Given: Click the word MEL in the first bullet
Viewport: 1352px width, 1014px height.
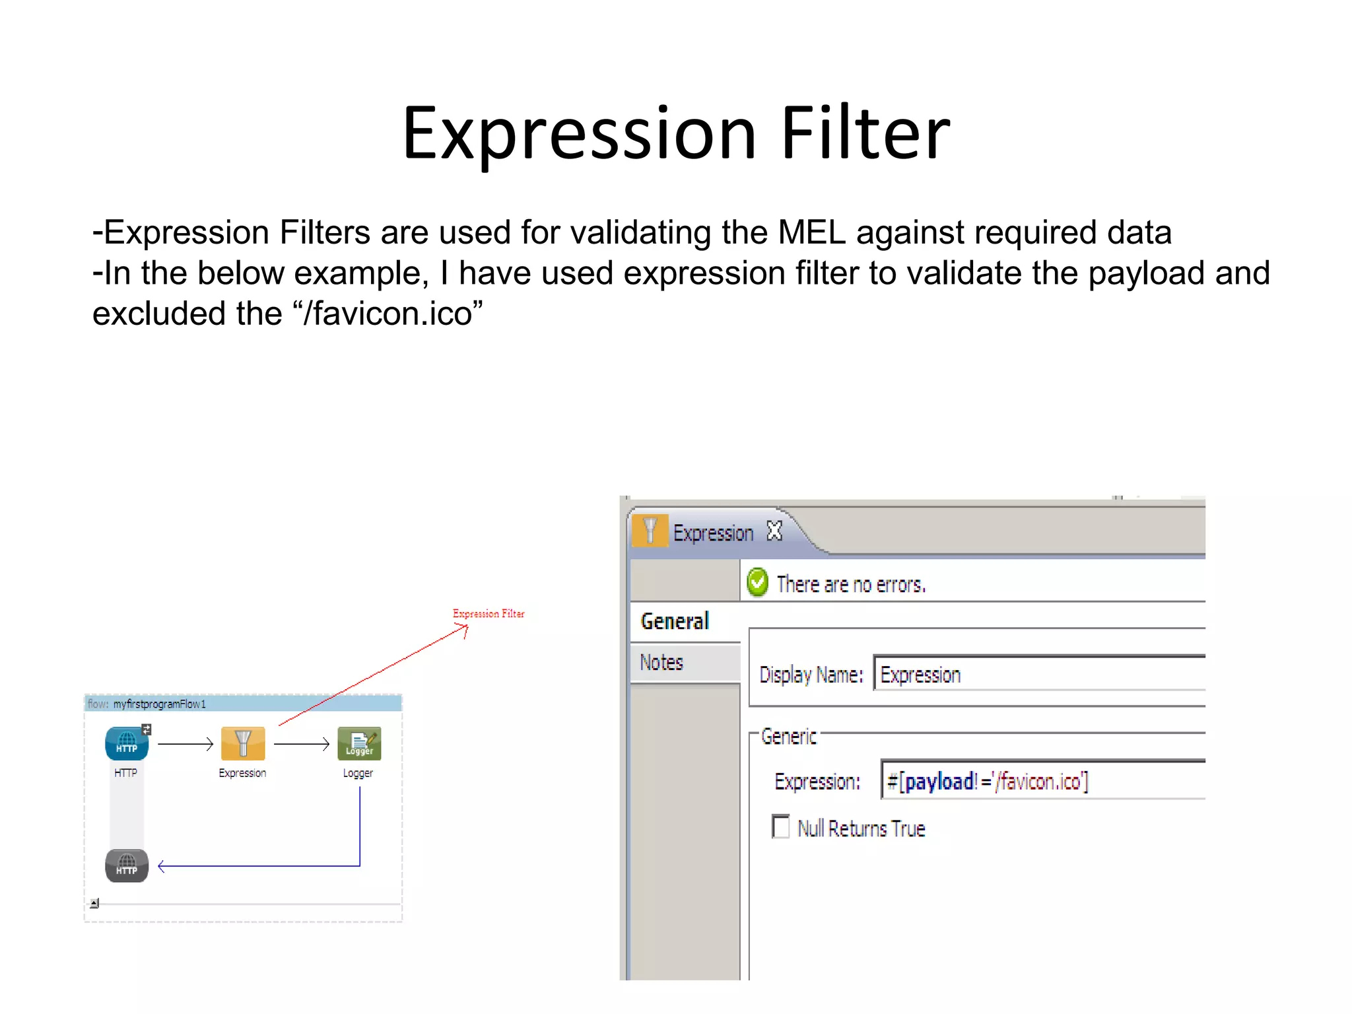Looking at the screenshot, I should [811, 233].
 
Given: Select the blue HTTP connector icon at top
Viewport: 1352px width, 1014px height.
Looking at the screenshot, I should [127, 744].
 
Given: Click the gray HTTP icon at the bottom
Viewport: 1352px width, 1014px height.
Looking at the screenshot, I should [127, 865].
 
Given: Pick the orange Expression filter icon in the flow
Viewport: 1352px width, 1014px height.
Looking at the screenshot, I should [243, 744].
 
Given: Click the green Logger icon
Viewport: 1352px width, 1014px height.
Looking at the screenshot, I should [359, 744].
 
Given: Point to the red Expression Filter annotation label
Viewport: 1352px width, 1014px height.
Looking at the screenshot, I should [489, 614].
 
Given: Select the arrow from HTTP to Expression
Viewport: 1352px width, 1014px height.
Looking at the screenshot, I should [186, 745].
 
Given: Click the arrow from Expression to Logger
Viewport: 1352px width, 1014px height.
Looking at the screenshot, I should [302, 745].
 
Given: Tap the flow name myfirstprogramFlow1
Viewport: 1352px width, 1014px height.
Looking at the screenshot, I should [159, 704].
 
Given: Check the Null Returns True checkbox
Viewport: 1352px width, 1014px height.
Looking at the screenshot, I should [781, 827].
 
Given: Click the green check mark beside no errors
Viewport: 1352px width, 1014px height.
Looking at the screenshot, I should [757, 582].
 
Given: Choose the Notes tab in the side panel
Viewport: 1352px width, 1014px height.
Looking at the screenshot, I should [661, 662].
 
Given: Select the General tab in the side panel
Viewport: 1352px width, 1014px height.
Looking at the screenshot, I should [675, 621].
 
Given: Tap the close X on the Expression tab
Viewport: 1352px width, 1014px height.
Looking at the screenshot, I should [774, 531].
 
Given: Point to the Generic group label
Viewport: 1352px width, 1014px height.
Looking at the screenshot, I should [788, 736].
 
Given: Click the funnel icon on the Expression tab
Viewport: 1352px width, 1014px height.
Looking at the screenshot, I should [650, 531].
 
